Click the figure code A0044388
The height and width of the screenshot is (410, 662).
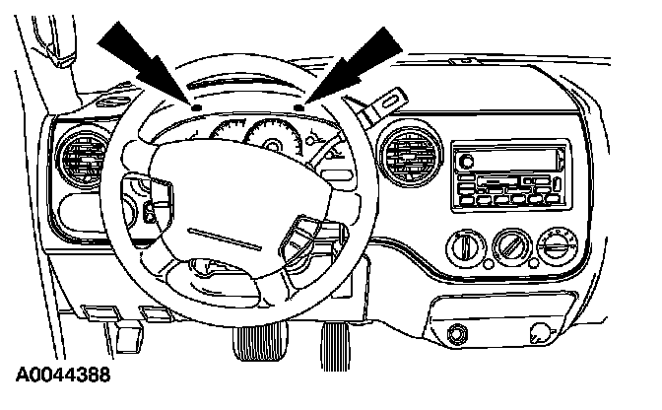click(x=63, y=376)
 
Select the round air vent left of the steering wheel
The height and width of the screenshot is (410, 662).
click(x=82, y=157)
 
